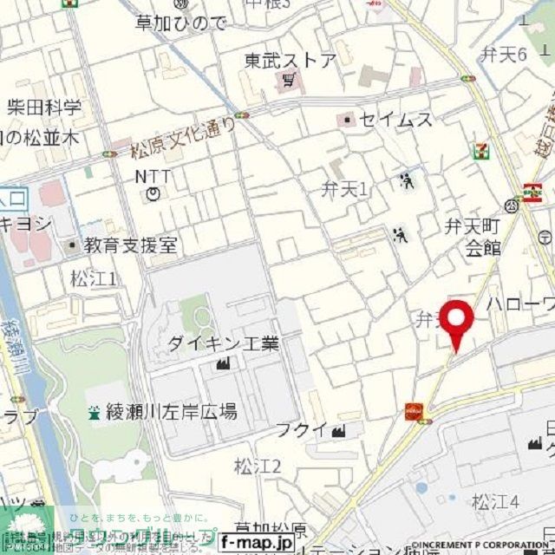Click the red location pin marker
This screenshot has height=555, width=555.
coord(456,322)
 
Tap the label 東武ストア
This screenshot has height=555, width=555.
coord(290,61)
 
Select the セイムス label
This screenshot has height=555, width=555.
coord(395,120)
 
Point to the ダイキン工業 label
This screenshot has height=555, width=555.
coord(224,343)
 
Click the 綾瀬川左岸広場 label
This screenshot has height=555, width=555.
coord(173,412)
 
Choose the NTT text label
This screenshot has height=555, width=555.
coord(153,176)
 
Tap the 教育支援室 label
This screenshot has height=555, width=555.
coord(131,245)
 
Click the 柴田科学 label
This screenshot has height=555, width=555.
coord(44,108)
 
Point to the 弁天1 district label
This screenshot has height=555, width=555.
coord(345,188)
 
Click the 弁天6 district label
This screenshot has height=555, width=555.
coord(505,55)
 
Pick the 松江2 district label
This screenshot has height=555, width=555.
coord(258,467)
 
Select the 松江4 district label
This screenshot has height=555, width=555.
coord(495,500)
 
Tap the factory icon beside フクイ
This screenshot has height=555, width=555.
coord(338,429)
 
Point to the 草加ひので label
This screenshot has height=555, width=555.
coord(181,23)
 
